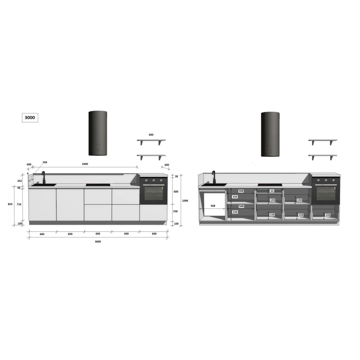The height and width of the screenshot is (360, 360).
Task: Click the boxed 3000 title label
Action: pos(30,118)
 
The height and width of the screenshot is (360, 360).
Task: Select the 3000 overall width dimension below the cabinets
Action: pos(98,242)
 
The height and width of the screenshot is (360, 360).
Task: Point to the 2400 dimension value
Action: pos(85,164)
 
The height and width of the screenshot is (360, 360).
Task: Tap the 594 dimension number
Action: pos(45,162)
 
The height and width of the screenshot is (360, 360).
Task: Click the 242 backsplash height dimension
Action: pos(20,181)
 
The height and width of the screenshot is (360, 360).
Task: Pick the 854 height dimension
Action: pos(10,204)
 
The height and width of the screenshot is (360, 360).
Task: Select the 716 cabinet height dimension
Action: pos(19,204)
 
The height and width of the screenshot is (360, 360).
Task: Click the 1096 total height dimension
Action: pos(185,201)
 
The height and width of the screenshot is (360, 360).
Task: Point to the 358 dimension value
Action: pos(175,211)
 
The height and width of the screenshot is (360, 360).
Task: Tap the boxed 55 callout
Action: pos(272,191)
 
